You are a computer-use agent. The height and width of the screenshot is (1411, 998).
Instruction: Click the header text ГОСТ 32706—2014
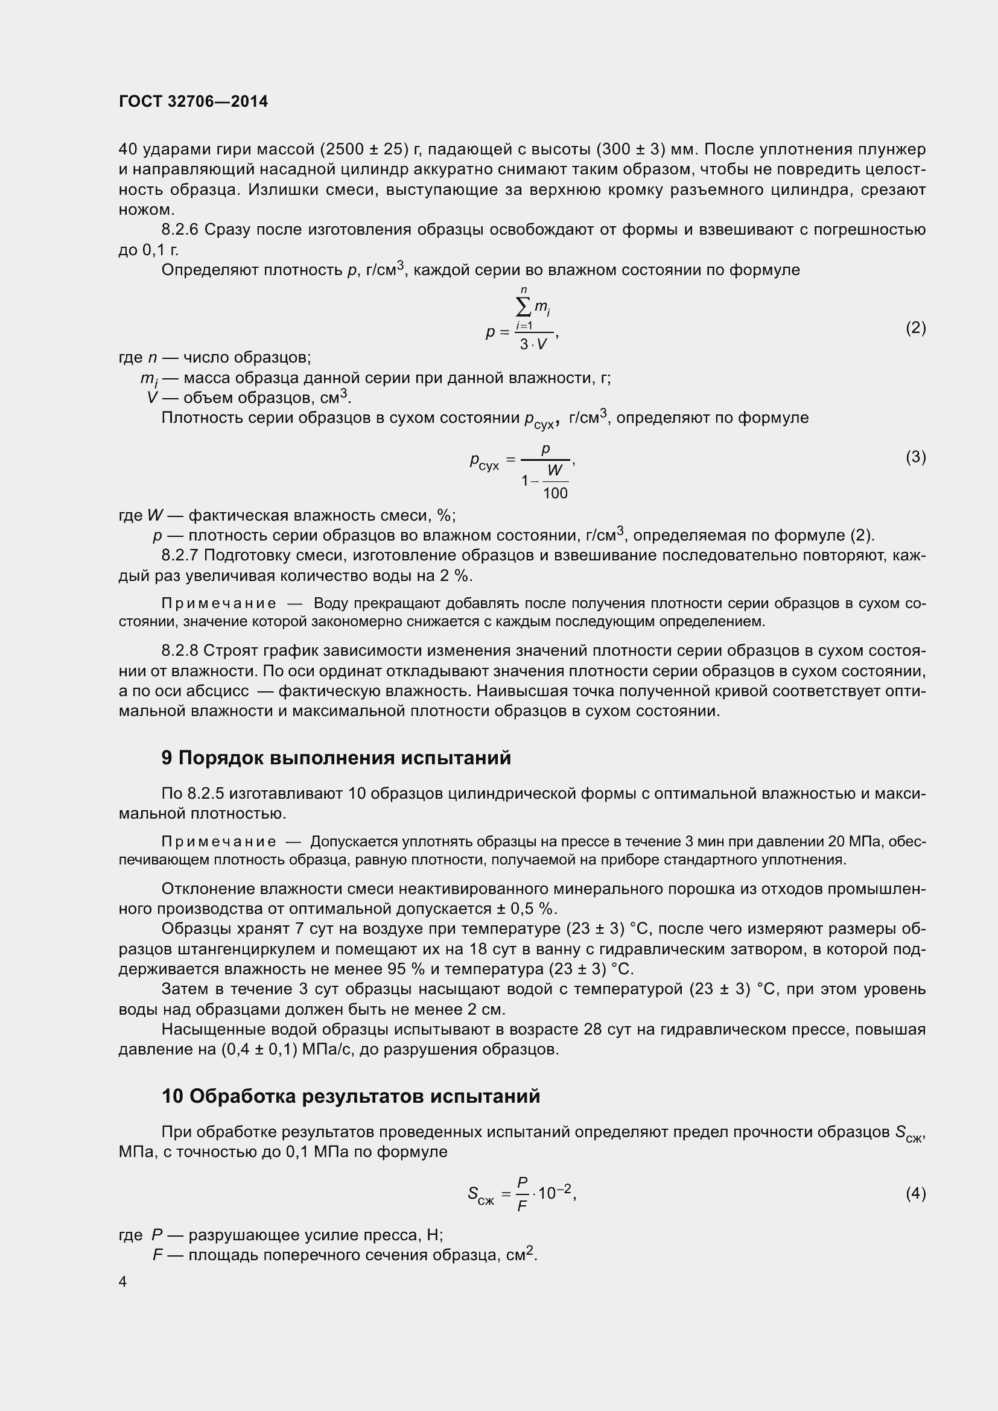pyautogui.click(x=193, y=101)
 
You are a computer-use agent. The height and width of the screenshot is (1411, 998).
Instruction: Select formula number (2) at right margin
pyautogui.click(x=915, y=328)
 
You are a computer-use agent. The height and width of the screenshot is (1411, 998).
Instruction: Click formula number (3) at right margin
pyautogui.click(x=915, y=457)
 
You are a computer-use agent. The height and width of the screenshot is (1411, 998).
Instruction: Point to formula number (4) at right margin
pyautogui.click(x=915, y=1193)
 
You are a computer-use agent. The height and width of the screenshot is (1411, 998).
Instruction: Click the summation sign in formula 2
pyautogui.click(x=524, y=306)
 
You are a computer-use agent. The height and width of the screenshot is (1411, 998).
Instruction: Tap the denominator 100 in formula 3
pyautogui.click(x=555, y=493)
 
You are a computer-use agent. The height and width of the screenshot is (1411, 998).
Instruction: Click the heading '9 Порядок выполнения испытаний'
pyautogui.click(x=336, y=758)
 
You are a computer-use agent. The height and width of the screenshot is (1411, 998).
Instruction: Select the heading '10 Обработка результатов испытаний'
pyautogui.click(x=351, y=1096)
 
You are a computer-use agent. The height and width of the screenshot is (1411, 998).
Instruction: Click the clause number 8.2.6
pyautogui.click(x=179, y=230)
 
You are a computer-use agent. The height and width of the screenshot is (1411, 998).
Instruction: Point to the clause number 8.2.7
pyautogui.click(x=179, y=556)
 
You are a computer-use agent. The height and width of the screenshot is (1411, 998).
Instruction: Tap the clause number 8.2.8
pyautogui.click(x=179, y=651)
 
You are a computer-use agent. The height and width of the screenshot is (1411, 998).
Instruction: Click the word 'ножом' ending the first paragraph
pyautogui.click(x=144, y=209)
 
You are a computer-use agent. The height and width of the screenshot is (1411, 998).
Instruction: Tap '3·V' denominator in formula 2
pyautogui.click(x=532, y=345)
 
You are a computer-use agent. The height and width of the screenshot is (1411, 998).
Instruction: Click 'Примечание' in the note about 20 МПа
pyautogui.click(x=218, y=842)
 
